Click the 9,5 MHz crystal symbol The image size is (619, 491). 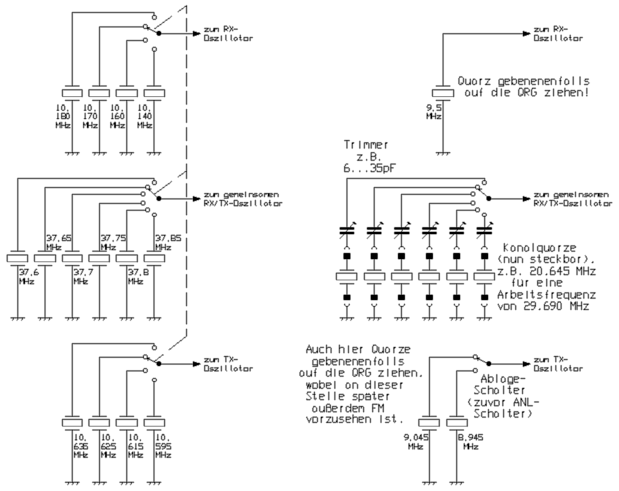coord(443,93)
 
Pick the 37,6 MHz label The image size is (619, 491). coord(27,277)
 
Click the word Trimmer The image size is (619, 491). coord(366,145)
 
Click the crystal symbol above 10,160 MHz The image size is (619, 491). coord(126,93)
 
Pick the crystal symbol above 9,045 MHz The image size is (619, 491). coord(429,422)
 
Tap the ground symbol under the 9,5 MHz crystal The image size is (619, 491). coord(443,153)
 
